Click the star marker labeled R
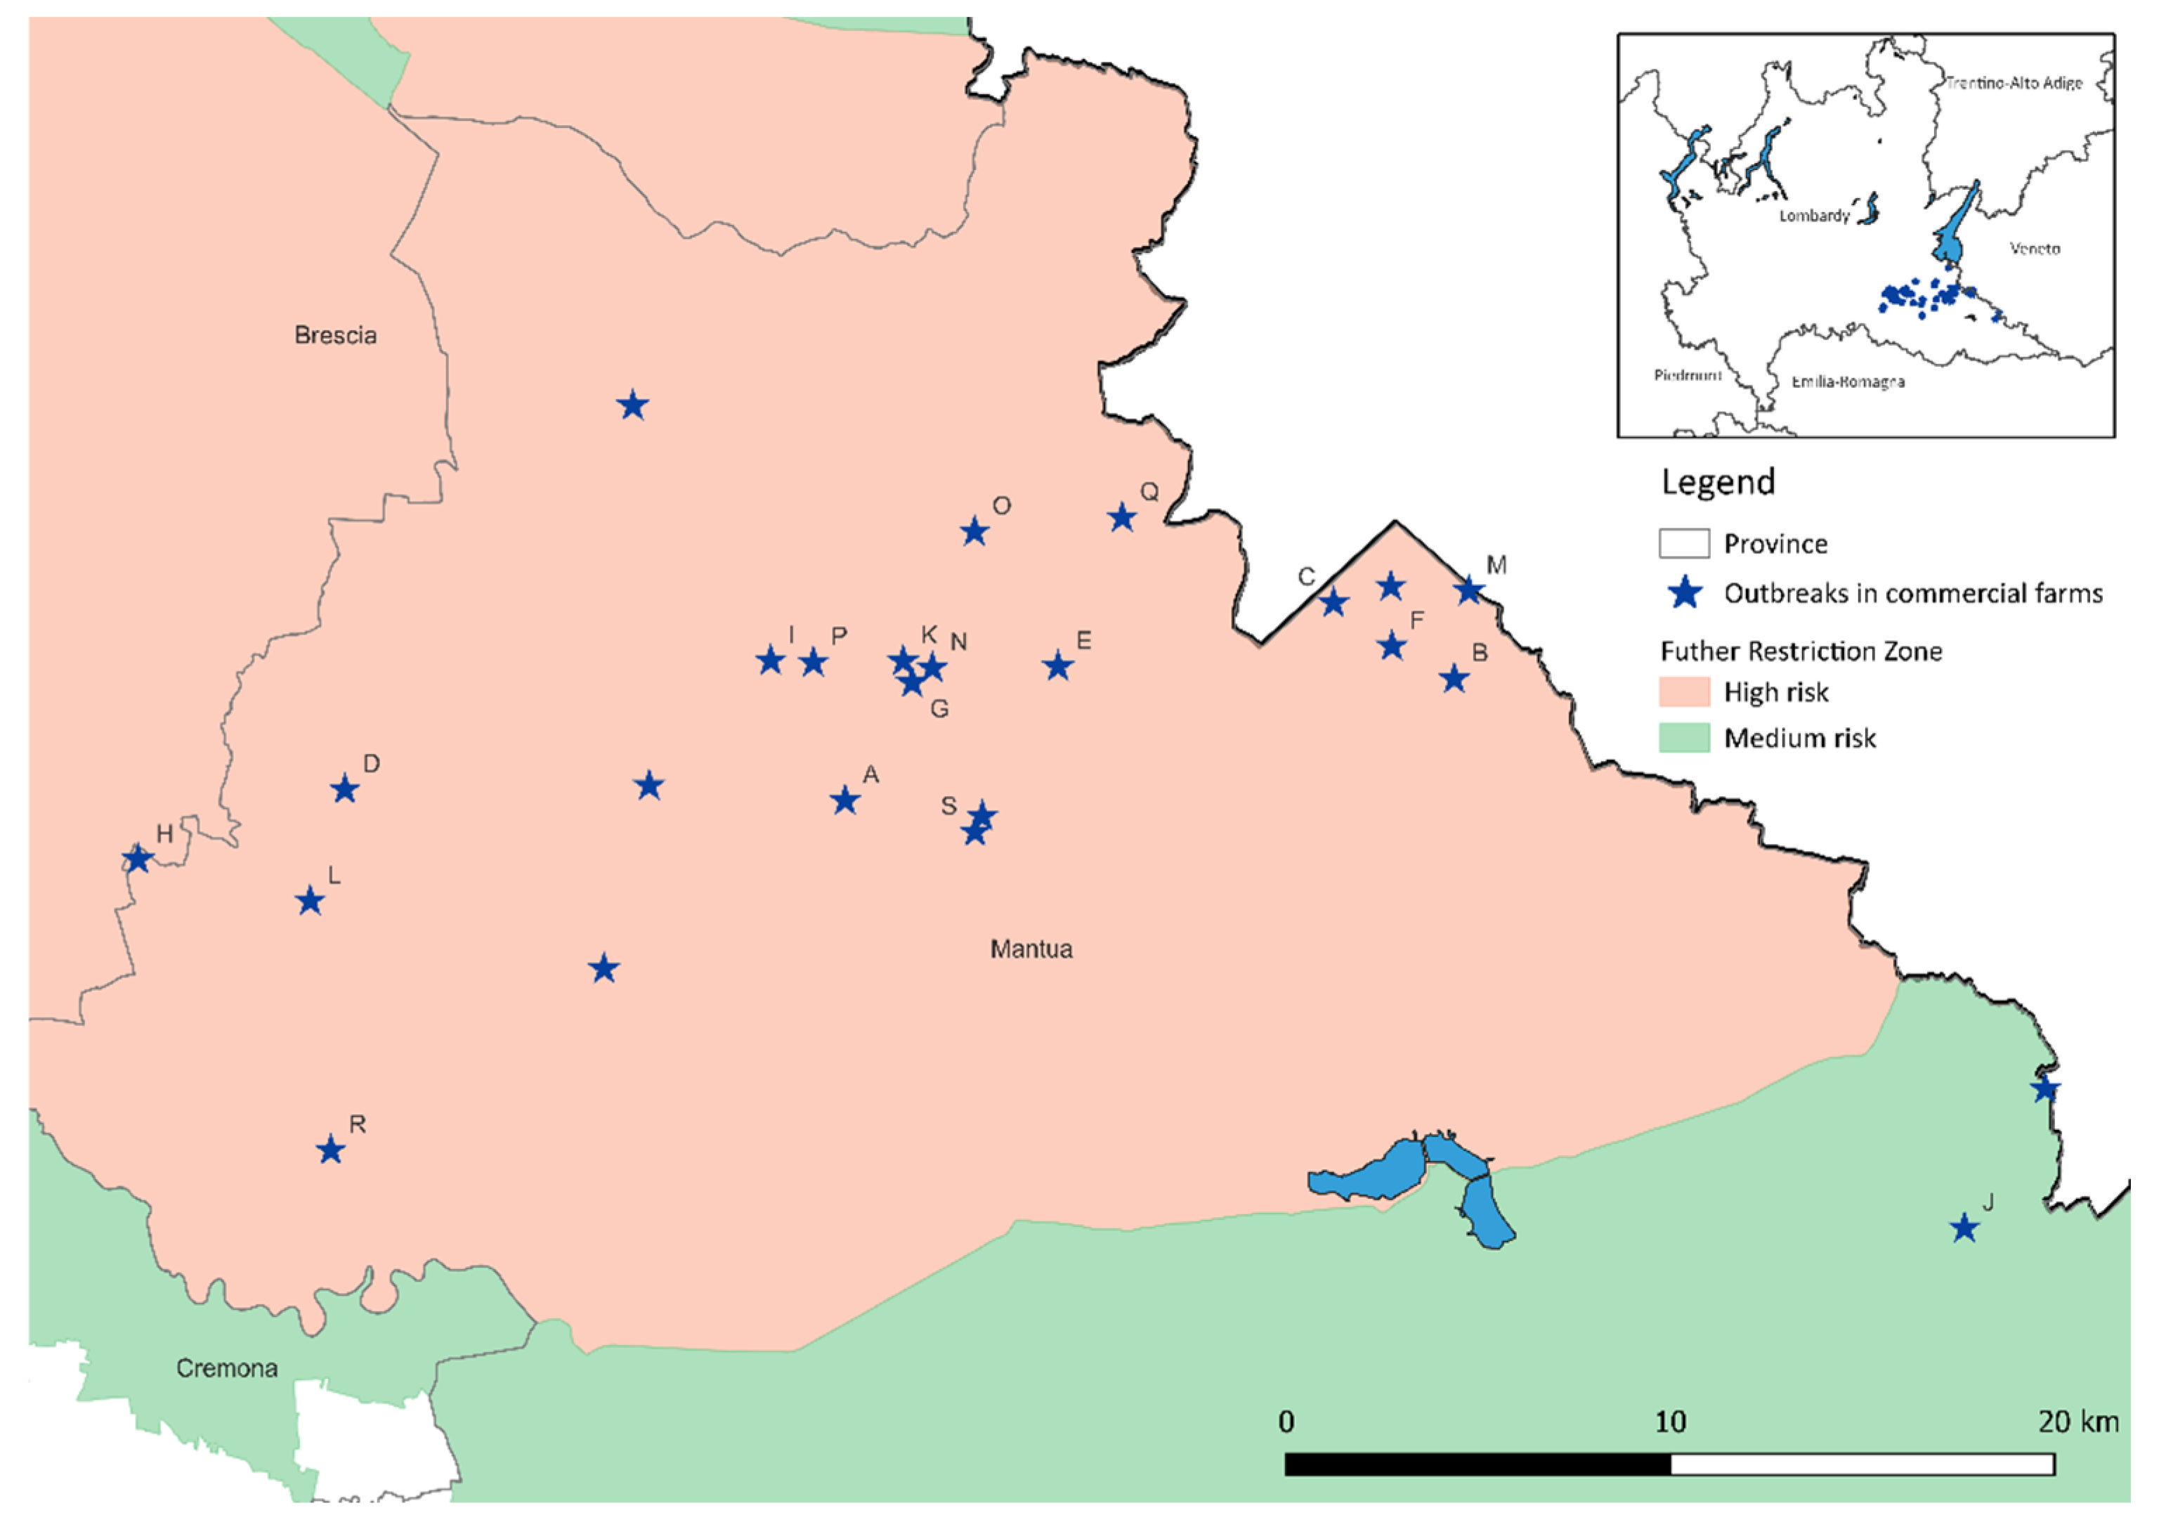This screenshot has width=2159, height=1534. point(330,1150)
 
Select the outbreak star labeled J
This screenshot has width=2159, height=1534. point(1964,1229)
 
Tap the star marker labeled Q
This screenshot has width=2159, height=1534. point(1122,518)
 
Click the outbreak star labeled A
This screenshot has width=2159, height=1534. point(845,801)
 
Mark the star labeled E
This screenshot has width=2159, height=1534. point(1059,666)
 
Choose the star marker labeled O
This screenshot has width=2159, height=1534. point(974,532)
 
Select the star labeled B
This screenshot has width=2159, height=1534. point(1454,678)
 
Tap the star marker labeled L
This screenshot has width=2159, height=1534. point(311,901)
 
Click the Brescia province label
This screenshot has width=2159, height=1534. point(335,335)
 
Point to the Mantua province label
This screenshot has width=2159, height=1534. point(1031,949)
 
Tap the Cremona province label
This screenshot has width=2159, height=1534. point(227,1369)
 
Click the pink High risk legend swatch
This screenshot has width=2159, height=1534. point(1684,691)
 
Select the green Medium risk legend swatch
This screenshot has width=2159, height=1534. point(1684,738)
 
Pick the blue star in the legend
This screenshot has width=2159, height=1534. point(1685,593)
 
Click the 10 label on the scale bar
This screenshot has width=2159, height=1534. point(1670,1422)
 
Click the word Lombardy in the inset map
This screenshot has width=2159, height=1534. point(1814,215)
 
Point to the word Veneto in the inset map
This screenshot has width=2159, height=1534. point(2035,249)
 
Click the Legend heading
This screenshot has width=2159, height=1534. point(1718,482)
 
